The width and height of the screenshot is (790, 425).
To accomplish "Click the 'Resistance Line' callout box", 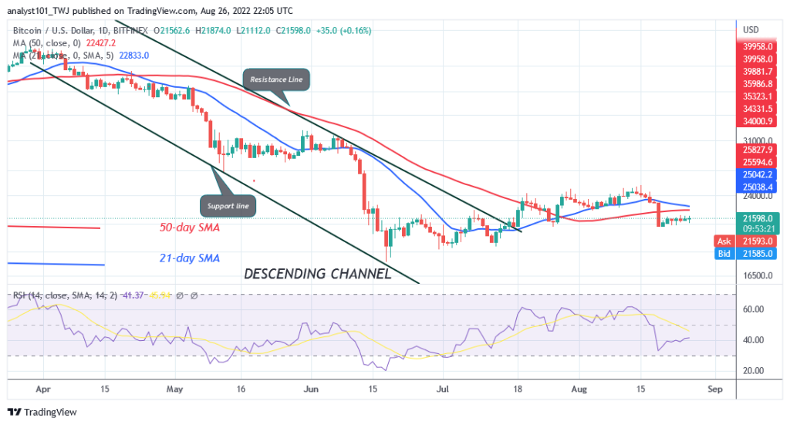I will pyautogui.click(x=278, y=79).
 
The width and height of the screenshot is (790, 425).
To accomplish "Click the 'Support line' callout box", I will pyautogui.click(x=228, y=206).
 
